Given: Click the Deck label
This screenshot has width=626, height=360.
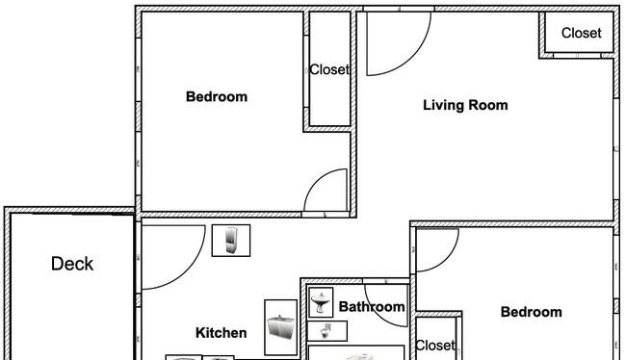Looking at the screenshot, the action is (x=72, y=264).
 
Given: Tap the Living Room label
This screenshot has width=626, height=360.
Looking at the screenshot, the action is (x=465, y=105).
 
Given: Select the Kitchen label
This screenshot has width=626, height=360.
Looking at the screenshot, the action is (x=222, y=333).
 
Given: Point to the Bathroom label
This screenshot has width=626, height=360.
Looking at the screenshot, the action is (x=372, y=306).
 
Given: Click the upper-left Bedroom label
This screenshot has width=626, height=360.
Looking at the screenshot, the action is (x=217, y=96).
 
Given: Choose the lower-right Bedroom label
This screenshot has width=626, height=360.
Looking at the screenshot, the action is (x=532, y=312).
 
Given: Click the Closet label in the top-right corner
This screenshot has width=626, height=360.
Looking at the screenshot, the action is (x=582, y=33).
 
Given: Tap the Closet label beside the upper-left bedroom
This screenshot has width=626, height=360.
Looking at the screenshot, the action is (x=329, y=70).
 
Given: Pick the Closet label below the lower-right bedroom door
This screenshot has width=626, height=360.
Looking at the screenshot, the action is (x=435, y=346).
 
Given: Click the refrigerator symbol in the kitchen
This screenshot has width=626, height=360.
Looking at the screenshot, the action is (x=231, y=241).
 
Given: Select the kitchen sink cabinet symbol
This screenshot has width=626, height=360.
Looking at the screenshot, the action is (x=280, y=327).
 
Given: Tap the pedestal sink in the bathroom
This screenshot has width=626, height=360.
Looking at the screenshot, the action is (x=321, y=303).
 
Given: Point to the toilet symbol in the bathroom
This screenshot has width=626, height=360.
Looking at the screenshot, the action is (x=326, y=331).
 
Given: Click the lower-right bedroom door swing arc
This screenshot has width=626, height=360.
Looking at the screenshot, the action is (x=447, y=260).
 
